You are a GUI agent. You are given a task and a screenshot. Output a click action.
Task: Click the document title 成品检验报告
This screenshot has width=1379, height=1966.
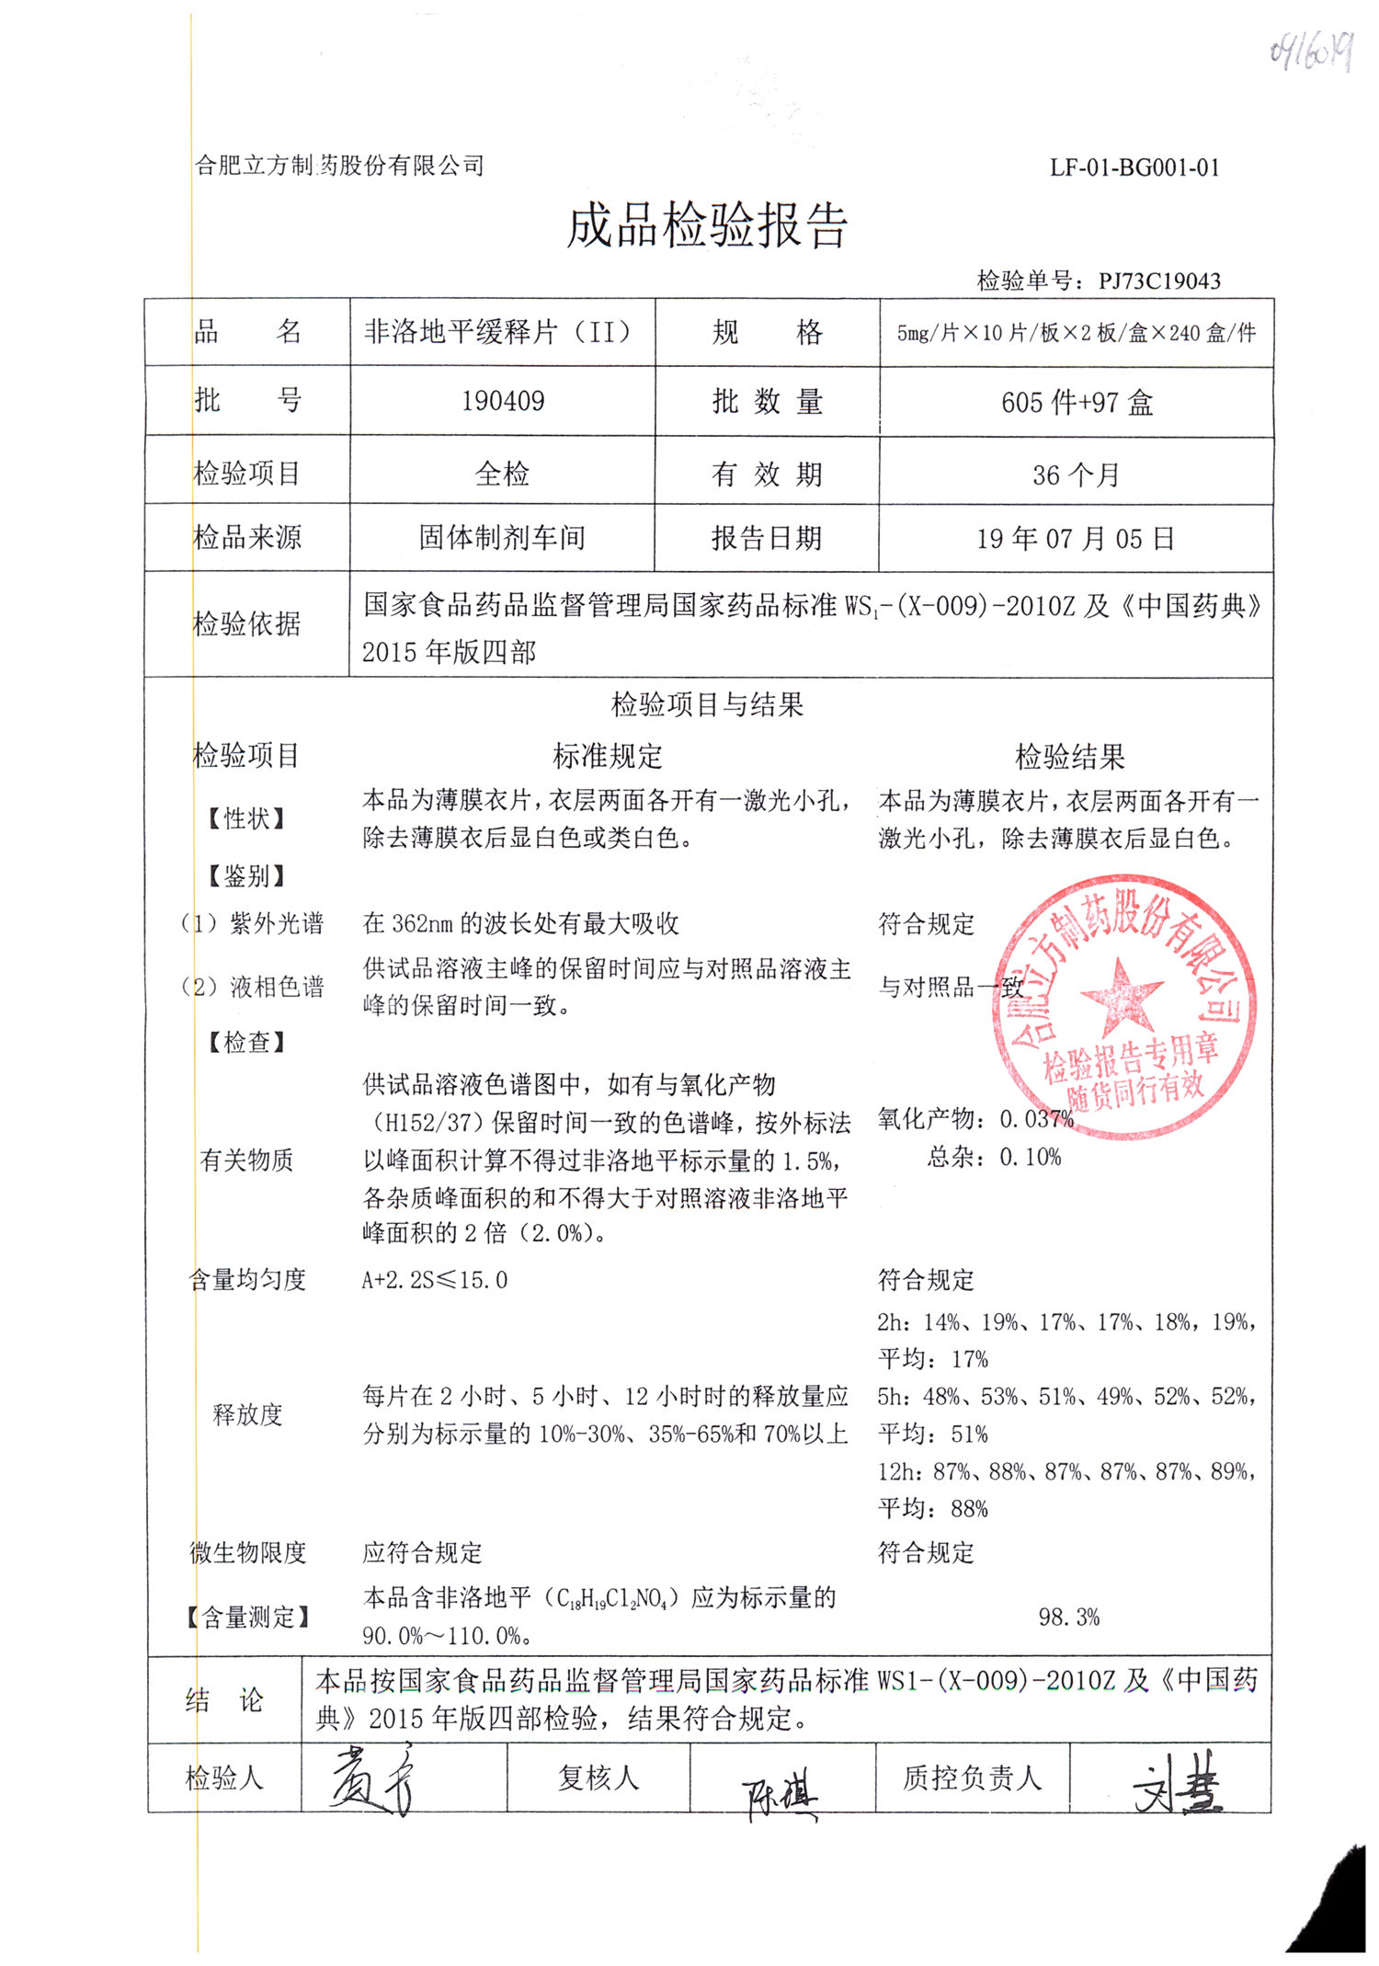tap(706, 226)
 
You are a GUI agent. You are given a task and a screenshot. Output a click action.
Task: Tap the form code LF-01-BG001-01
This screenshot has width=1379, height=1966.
tap(1134, 167)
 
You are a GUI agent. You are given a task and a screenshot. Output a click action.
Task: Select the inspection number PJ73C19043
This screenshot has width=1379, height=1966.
tap(1158, 281)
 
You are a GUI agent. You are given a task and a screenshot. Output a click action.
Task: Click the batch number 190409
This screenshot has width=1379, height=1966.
tap(503, 401)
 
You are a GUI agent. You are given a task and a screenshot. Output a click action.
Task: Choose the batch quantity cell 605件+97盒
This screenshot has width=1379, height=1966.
tap(1077, 403)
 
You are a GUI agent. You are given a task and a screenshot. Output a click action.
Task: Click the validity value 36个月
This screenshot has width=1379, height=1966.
tap(1076, 474)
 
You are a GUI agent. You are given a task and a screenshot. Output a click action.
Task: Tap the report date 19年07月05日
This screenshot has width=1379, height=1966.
tap(1076, 539)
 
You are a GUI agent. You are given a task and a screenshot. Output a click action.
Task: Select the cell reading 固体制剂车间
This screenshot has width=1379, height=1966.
tap(502, 538)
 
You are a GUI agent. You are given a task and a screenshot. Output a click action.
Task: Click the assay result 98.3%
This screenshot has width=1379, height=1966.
tap(1068, 1617)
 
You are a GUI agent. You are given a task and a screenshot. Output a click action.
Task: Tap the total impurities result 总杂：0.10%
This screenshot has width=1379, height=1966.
tap(994, 1157)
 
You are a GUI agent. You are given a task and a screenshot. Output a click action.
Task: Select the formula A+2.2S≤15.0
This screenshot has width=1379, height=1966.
tap(435, 1279)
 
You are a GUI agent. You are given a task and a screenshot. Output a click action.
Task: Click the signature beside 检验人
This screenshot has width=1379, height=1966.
tap(372, 1780)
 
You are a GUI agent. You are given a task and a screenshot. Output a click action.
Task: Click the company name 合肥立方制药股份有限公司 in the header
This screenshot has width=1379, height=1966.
tap(339, 166)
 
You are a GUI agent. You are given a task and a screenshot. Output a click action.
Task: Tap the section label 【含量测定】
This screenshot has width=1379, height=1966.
tap(247, 1617)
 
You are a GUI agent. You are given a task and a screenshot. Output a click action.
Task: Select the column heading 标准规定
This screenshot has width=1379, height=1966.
tap(607, 757)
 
